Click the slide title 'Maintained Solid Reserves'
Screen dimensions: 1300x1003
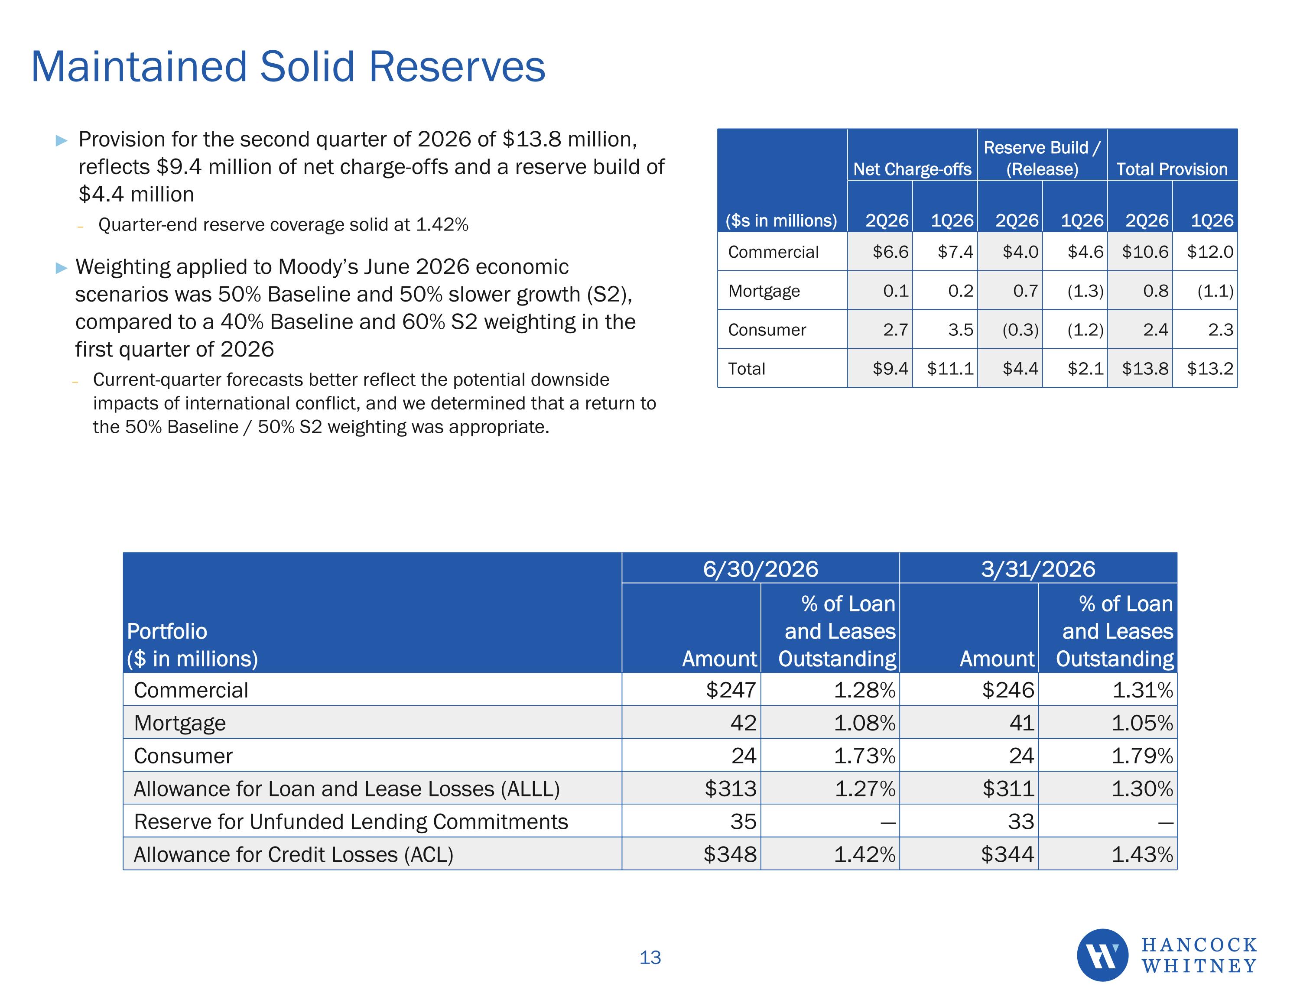coord(288,66)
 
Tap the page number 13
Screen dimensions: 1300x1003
coord(650,957)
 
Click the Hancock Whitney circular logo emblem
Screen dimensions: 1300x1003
coord(1102,955)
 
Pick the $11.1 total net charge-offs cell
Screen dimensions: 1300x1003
coord(950,368)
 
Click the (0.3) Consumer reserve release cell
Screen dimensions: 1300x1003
coord(1020,330)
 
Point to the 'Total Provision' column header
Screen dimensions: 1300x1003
coord(1171,169)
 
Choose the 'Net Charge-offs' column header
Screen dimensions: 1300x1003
coord(912,169)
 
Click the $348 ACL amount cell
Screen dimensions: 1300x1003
coord(730,854)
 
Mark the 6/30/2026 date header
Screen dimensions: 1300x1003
coord(760,569)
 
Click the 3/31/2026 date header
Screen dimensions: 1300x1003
coord(1038,569)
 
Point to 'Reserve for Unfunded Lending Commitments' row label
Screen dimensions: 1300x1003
coord(351,821)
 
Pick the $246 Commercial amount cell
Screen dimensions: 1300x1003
coord(1008,690)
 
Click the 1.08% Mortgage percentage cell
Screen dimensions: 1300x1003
coord(864,723)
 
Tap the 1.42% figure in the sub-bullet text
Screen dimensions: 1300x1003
coord(442,224)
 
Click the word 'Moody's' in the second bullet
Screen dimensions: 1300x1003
coord(318,267)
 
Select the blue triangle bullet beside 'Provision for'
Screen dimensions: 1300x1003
coord(61,140)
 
